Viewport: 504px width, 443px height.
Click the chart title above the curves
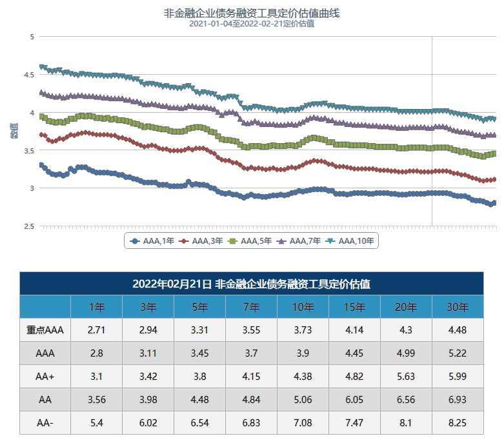(252, 13)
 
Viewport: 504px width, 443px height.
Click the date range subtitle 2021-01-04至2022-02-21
(252, 24)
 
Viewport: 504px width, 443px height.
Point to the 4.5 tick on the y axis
(29, 75)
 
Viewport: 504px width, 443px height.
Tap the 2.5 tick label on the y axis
(29, 226)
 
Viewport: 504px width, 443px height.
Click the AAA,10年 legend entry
(349, 241)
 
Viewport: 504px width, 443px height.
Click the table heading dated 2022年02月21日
(251, 284)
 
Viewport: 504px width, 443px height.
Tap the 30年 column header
(458, 307)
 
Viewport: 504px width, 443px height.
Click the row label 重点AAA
(45, 330)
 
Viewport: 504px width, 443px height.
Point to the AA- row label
(45, 423)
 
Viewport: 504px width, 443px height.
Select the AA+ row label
(45, 377)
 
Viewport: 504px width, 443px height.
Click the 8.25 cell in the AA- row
(458, 423)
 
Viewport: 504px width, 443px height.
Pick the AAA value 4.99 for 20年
(406, 353)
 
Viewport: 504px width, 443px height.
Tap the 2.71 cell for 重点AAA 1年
(96, 330)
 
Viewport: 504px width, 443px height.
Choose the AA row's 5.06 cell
(303, 400)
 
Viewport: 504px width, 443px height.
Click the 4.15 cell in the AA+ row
(251, 377)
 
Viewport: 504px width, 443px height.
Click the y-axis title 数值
(14, 131)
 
